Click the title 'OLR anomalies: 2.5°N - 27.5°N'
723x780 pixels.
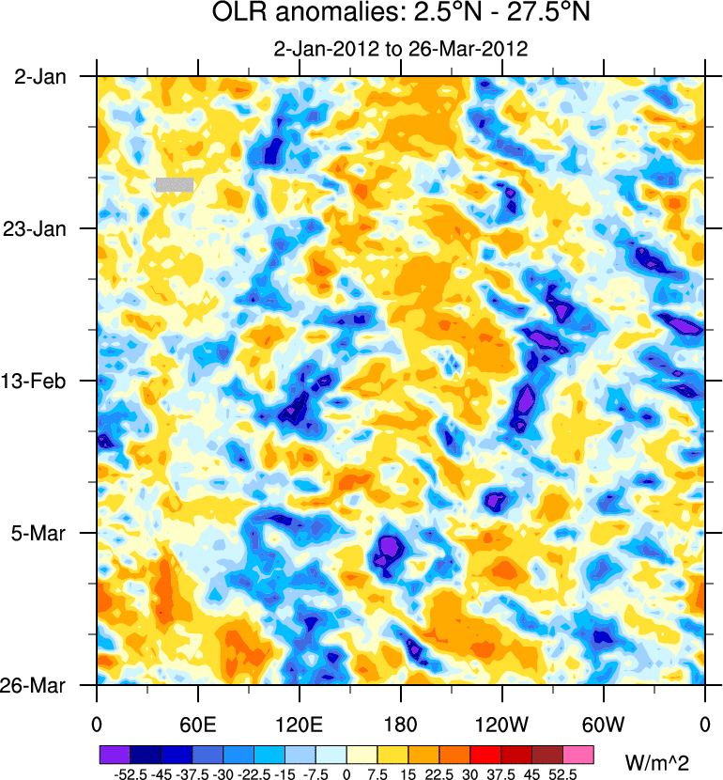[400, 15]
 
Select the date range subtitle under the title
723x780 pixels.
[400, 49]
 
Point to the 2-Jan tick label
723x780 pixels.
[40, 77]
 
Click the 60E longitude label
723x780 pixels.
[198, 724]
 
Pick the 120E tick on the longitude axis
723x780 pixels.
[300, 724]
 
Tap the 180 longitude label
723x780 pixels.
[401, 724]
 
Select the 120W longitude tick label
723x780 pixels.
[501, 724]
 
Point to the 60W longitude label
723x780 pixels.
[603, 724]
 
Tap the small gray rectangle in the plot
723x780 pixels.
[175, 184]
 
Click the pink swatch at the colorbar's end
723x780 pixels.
[579, 755]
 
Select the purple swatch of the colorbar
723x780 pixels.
[115, 755]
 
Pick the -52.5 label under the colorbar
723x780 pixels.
[128, 773]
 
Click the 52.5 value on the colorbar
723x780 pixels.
[564, 773]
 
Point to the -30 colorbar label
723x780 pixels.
[222, 773]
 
